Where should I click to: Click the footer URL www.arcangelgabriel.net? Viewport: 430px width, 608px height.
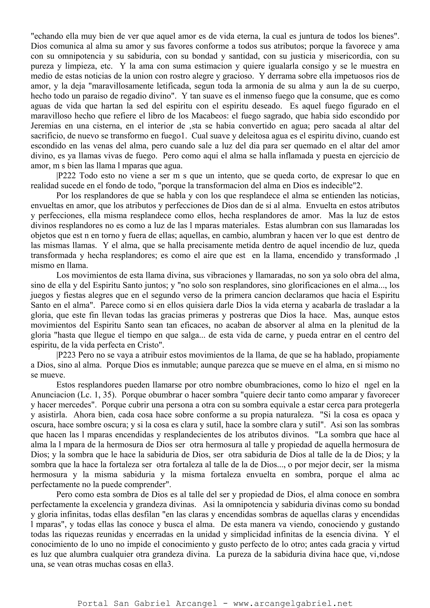(293, 601)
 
